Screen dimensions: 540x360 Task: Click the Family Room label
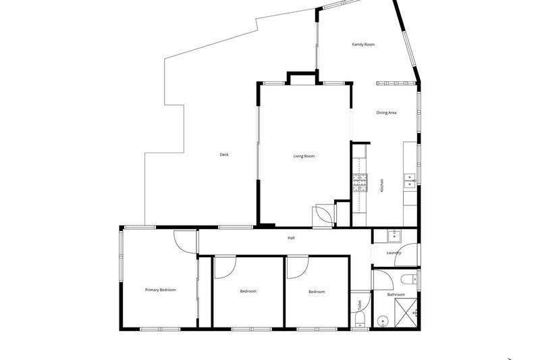(x=363, y=45)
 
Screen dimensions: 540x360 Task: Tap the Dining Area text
(x=386, y=113)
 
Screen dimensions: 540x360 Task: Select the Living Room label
(x=304, y=156)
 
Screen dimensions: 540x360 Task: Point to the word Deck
(x=224, y=155)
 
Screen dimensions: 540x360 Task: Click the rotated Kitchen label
(x=381, y=185)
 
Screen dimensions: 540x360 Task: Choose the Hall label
(x=291, y=238)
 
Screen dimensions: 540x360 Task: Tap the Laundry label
(x=394, y=253)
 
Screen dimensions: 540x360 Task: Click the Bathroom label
(x=396, y=294)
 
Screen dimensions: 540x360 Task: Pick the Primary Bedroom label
(x=161, y=290)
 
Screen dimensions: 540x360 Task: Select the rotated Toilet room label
(x=360, y=305)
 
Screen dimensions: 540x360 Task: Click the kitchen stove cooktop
(x=360, y=183)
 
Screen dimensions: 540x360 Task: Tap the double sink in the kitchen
(x=410, y=181)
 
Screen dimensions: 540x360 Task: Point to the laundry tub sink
(x=394, y=236)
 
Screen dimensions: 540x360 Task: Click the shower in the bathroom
(x=406, y=313)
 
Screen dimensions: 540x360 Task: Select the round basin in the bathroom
(x=381, y=322)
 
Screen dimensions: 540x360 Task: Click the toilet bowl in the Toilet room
(x=360, y=322)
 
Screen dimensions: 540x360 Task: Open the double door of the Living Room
(x=324, y=216)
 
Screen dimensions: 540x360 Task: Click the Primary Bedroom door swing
(x=185, y=242)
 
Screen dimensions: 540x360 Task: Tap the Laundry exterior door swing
(x=406, y=255)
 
